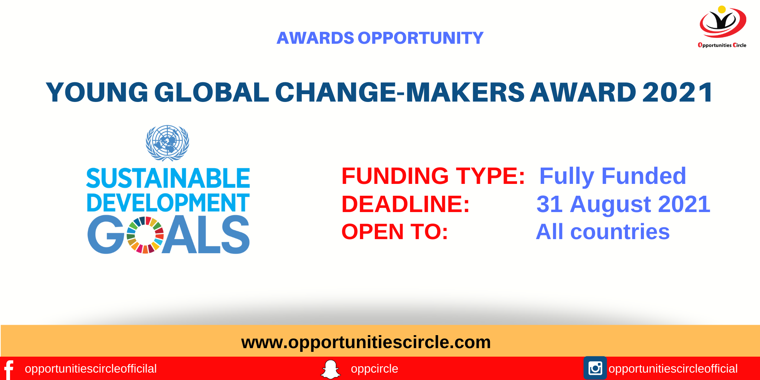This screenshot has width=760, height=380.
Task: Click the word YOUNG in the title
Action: pyautogui.click(x=97, y=92)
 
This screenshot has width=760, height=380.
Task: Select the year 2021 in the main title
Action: pyautogui.click(x=677, y=92)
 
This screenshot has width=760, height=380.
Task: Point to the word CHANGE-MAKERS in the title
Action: pyautogui.click(x=400, y=92)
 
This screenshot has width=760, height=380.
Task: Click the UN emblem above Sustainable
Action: pyautogui.click(x=167, y=143)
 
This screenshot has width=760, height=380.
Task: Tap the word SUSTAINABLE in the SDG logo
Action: pyautogui.click(x=168, y=178)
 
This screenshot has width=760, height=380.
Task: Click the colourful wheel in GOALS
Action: pyautogui.click(x=145, y=235)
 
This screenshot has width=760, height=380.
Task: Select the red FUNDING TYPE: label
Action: pyautogui.click(x=433, y=176)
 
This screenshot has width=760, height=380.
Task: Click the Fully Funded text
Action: pyautogui.click(x=612, y=176)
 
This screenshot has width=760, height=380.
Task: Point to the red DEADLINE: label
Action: pyautogui.click(x=405, y=204)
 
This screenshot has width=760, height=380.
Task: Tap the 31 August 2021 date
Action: pyautogui.click(x=623, y=204)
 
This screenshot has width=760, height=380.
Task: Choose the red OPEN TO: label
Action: pyautogui.click(x=394, y=232)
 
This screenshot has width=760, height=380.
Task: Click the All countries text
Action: pyautogui.click(x=603, y=232)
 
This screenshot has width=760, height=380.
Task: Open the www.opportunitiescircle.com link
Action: pyautogui.click(x=366, y=342)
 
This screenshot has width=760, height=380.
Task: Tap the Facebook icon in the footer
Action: pyautogui.click(x=9, y=369)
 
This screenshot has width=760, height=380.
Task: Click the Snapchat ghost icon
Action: pyautogui.click(x=330, y=369)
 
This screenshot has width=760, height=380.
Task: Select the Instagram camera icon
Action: pyautogui.click(x=595, y=368)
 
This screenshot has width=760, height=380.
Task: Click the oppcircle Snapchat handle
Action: pyautogui.click(x=374, y=369)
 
